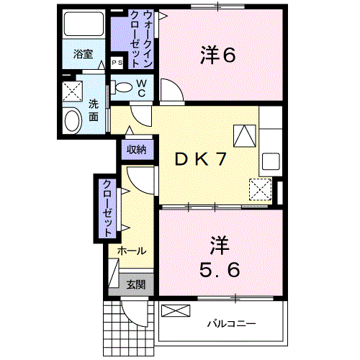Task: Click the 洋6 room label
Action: pos(217,55)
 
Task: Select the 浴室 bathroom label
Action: pos(83,53)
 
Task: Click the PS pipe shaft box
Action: pos(117,63)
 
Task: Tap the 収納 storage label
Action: pos(137,150)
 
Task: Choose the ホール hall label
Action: pos(132,251)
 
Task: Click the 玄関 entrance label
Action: pos(135,284)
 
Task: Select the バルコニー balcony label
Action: pos(232,323)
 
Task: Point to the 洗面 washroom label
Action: pos(94,109)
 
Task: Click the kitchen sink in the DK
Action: pos(271,160)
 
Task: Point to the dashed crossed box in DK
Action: pos(258,189)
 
